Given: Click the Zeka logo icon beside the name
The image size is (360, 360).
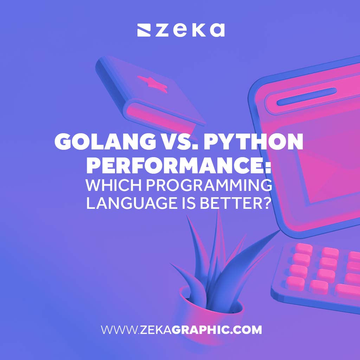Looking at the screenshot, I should pyautogui.click(x=144, y=30).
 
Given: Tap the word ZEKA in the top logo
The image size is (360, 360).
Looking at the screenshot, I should pyautogui.click(x=189, y=30).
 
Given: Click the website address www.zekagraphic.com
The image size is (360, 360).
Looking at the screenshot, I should pyautogui.click(x=181, y=330).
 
